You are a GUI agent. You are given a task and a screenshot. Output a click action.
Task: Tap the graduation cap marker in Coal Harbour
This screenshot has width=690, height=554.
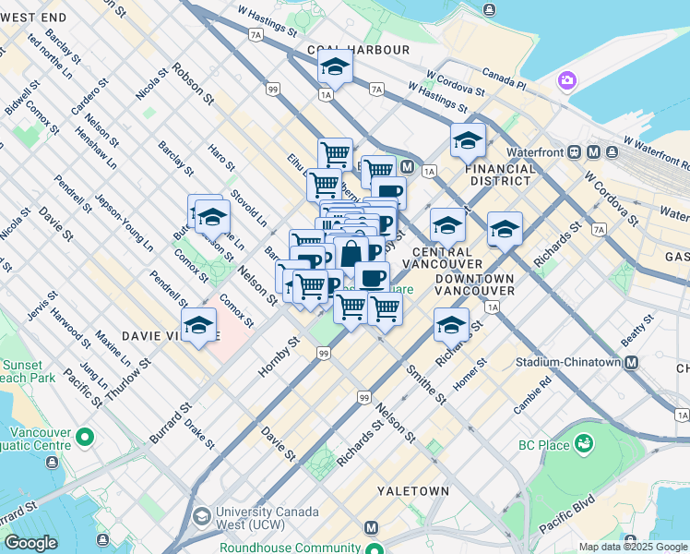(x=335, y=67)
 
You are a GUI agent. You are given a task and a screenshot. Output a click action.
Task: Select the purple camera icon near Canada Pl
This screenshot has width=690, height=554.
(x=567, y=81)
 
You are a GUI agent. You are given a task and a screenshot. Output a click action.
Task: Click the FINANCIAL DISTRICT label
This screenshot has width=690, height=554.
(x=500, y=175)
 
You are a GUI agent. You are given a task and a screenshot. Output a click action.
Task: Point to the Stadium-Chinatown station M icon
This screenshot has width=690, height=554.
(x=631, y=363)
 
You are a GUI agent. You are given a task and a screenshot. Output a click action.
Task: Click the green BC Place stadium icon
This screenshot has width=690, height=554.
(x=583, y=445)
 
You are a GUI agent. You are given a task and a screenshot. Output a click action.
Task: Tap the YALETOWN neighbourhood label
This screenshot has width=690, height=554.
(x=412, y=491)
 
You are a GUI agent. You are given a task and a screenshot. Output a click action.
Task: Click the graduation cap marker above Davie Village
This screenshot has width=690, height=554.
(x=198, y=325)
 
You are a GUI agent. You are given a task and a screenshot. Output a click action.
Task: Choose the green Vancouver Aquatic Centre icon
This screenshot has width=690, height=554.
(x=85, y=436)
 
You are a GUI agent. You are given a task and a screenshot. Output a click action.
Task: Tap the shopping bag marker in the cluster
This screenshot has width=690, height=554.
(x=351, y=254)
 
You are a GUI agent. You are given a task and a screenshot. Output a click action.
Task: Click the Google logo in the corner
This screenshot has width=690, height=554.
(x=30, y=543)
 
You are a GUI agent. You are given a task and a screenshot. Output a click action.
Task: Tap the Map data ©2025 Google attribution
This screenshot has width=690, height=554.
(x=632, y=547)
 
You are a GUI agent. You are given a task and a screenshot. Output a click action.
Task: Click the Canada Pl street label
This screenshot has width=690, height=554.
(x=503, y=78)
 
